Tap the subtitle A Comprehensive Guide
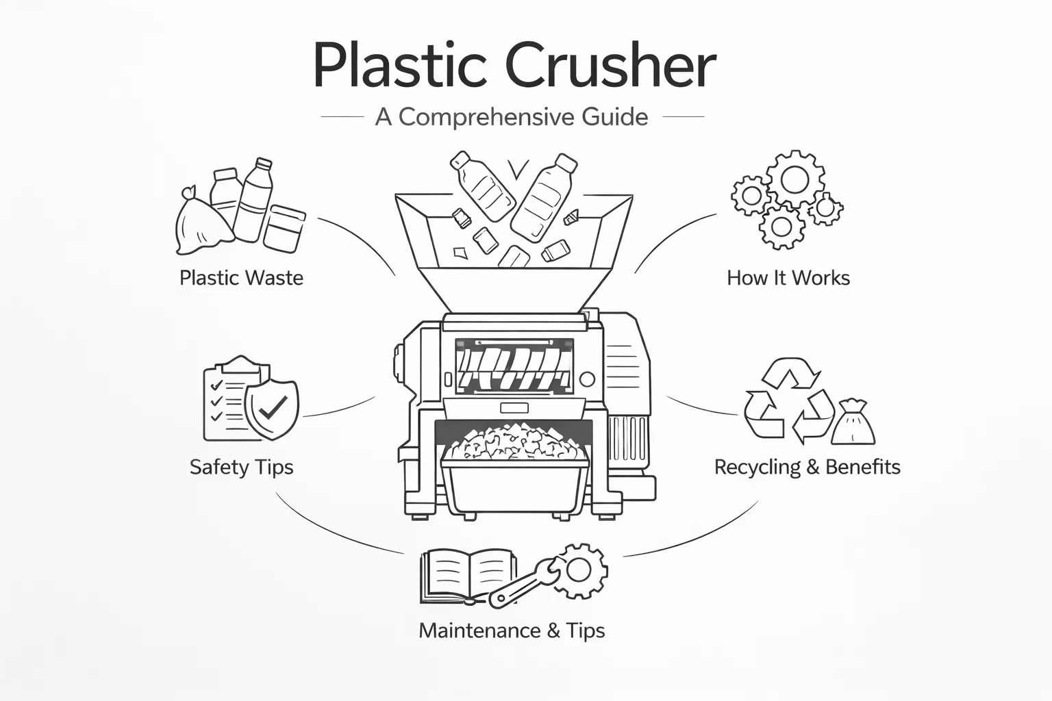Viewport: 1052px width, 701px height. tap(511, 117)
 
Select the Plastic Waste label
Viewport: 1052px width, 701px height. tap(241, 278)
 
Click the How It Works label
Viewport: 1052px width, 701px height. tap(788, 278)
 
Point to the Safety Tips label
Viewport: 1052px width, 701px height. tap(241, 467)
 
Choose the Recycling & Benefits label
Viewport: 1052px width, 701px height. tap(807, 467)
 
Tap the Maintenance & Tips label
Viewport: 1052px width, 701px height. tap(512, 630)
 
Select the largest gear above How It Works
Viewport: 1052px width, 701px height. tap(794, 179)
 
